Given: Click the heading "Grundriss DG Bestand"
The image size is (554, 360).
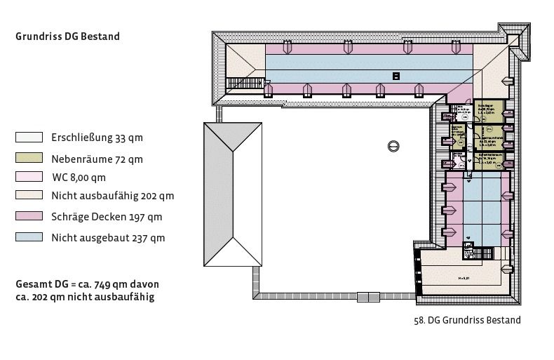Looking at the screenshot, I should pos(67,36).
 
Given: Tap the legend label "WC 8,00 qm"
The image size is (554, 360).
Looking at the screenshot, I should pos(79,177).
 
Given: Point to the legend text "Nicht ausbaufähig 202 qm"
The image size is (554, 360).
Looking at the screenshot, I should pos(112,196).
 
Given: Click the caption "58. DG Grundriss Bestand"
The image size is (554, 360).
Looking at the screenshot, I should pos(468,321).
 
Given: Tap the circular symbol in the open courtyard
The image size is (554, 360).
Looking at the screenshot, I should pos(394,145).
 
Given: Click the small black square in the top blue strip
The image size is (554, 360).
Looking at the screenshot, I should pos(396,76).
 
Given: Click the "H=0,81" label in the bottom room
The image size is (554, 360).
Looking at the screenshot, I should pos(463,279).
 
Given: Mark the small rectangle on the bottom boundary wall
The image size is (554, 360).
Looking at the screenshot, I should pos(368,297).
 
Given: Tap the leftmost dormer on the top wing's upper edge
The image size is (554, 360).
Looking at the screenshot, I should pos(287,47).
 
